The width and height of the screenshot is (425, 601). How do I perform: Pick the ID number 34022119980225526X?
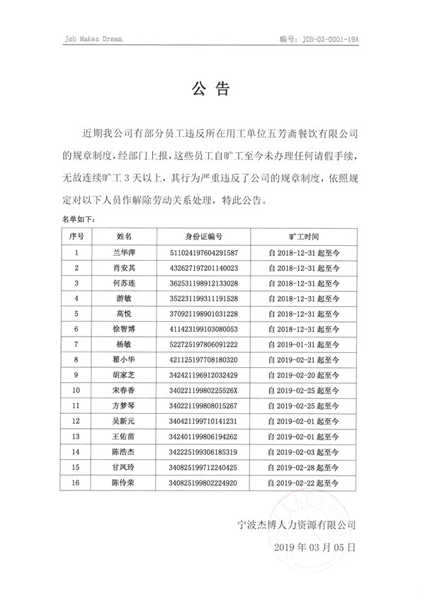click(x=204, y=391)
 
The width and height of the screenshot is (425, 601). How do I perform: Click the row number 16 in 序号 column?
click(x=76, y=483)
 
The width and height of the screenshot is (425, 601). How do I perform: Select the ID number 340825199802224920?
click(x=204, y=483)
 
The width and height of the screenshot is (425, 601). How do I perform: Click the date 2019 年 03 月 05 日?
click(x=313, y=549)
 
